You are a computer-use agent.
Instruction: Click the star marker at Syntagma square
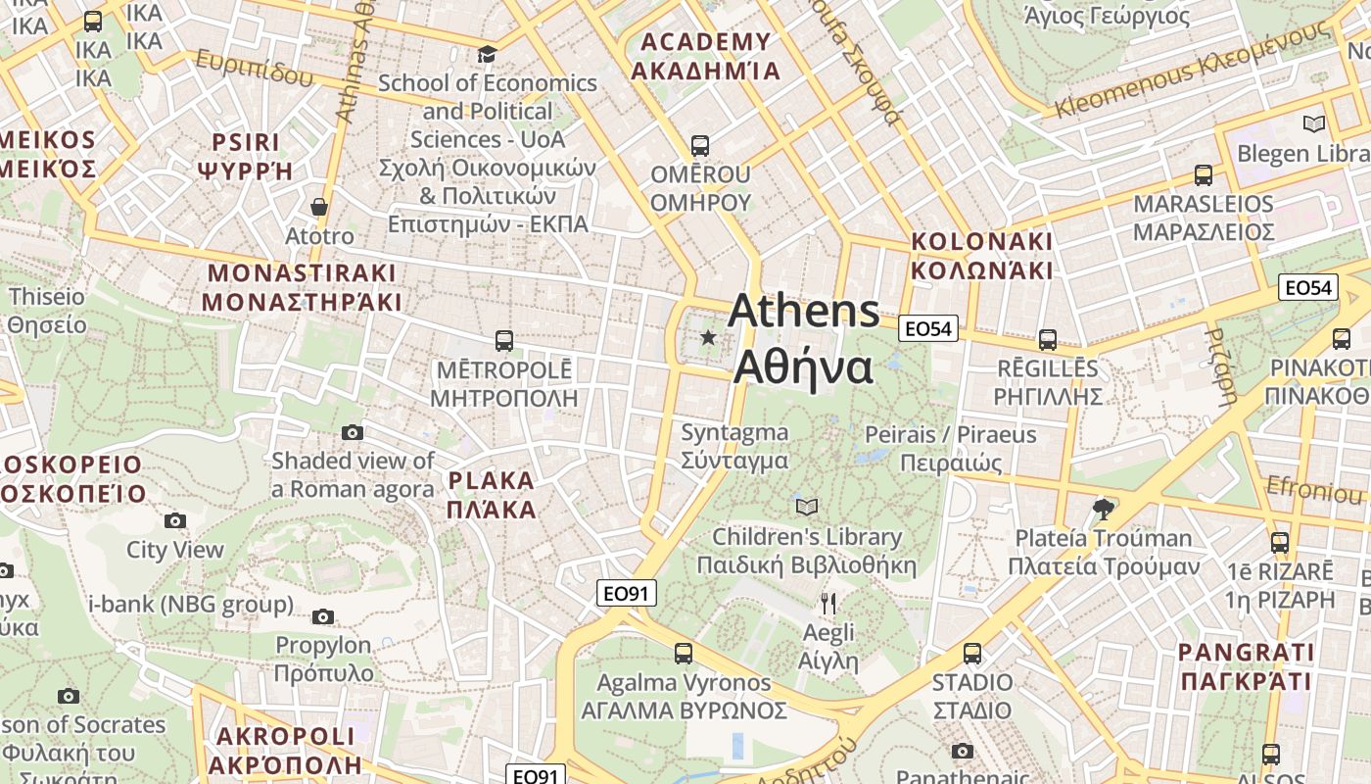click(x=708, y=338)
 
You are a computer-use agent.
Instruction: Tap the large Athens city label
click(x=804, y=339)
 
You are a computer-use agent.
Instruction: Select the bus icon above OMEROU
click(x=700, y=146)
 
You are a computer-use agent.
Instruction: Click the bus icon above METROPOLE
click(x=504, y=341)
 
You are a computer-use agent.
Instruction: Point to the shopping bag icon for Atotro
click(x=319, y=207)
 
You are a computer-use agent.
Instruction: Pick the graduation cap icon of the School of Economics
click(x=487, y=54)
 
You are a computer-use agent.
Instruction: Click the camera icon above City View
click(x=175, y=520)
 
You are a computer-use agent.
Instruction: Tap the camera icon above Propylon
click(x=323, y=616)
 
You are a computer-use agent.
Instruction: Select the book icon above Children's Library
click(x=807, y=507)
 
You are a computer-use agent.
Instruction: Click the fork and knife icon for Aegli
click(x=828, y=603)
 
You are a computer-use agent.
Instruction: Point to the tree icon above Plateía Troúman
click(x=1103, y=509)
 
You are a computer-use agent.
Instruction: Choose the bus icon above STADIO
click(x=972, y=654)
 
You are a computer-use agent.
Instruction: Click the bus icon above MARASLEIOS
click(x=1204, y=175)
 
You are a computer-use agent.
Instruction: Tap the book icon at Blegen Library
click(x=1313, y=123)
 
